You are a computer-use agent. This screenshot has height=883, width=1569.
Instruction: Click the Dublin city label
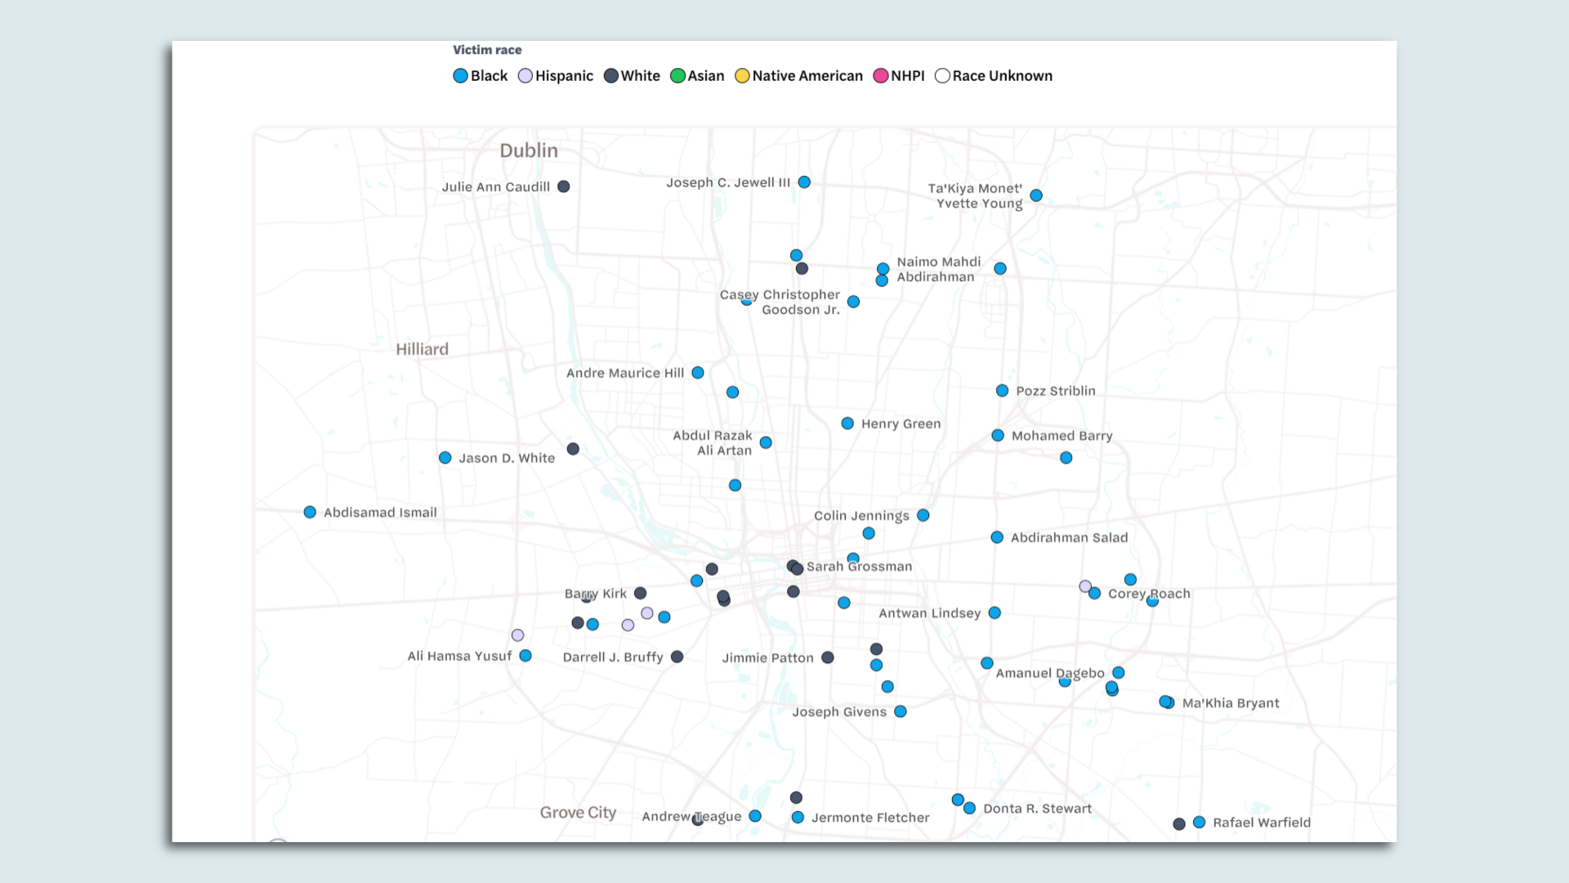click(x=529, y=150)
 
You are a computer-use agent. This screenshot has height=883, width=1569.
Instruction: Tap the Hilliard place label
click(x=422, y=349)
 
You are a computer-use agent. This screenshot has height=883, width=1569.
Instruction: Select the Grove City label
click(x=578, y=813)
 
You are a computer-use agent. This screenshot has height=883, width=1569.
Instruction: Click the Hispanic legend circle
click(x=525, y=76)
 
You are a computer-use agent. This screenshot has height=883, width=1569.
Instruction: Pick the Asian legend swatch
click(x=677, y=76)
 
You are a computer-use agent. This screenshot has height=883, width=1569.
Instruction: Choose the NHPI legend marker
click(x=880, y=76)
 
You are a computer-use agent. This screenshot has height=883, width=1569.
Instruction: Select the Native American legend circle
click(x=742, y=76)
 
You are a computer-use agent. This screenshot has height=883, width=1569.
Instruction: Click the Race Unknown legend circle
click(x=942, y=76)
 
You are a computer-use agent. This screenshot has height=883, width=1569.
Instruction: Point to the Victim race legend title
click(x=487, y=50)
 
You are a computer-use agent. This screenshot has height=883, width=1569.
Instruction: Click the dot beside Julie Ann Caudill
click(x=564, y=186)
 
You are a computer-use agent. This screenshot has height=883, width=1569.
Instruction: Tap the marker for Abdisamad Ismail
click(x=310, y=513)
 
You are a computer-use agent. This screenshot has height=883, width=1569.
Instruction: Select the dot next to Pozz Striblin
click(x=1002, y=391)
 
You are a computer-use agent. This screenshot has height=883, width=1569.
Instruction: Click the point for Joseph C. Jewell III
click(x=804, y=182)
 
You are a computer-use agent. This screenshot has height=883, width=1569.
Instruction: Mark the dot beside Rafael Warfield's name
click(x=1199, y=822)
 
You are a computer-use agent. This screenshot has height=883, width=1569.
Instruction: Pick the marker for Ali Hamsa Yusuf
click(x=525, y=656)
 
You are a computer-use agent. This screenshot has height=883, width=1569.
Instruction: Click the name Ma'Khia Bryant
click(x=1230, y=703)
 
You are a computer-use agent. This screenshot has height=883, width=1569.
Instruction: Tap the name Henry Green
click(x=901, y=424)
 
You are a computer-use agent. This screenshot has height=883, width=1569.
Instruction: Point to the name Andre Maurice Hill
click(x=625, y=373)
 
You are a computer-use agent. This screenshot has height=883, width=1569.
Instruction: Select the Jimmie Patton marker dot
click(x=828, y=657)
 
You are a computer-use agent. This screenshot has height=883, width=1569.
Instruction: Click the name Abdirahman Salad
click(x=1069, y=537)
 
